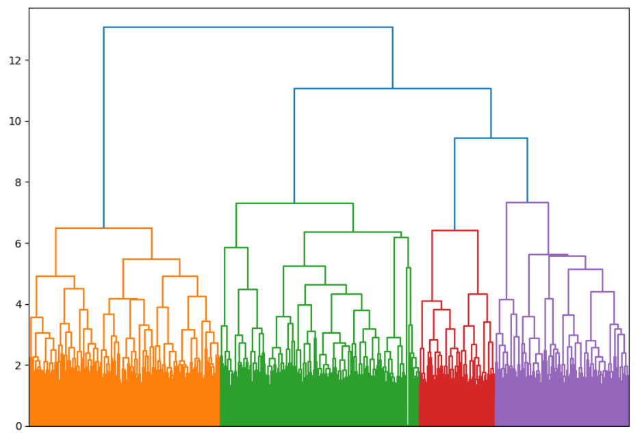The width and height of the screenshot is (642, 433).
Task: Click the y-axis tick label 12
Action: click(15, 60)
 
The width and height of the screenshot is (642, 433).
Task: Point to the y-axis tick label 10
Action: click(15, 121)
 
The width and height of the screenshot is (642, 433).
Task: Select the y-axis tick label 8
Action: click(18, 182)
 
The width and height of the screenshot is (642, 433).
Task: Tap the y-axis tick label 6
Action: click(18, 243)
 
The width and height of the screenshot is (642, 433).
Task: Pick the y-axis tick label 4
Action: click(18, 304)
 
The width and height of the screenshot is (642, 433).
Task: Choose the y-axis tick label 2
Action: click(18, 365)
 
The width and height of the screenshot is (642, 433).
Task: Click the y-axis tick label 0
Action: click(18, 425)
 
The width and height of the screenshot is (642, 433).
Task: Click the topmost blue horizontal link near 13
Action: click(248, 27)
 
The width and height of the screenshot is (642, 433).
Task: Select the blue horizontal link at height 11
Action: click(392, 88)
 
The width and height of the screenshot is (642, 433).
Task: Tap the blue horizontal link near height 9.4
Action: click(491, 138)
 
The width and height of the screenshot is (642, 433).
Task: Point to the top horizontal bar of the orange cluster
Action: click(103, 228)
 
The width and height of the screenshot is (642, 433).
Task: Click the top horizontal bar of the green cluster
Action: click(294, 203)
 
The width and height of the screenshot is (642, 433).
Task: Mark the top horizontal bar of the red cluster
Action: click(454, 231)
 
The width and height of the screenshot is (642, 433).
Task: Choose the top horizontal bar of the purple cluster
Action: click(527, 203)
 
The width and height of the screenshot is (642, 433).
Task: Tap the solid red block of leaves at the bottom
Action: click(456, 404)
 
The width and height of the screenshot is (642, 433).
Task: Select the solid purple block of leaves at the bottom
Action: click(561, 404)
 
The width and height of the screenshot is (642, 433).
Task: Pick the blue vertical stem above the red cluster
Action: click(454, 185)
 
